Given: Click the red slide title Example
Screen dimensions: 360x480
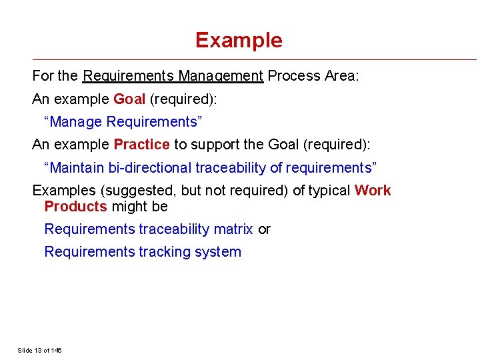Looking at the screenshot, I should [x=239, y=40].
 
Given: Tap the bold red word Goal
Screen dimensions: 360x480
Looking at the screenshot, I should [x=129, y=99].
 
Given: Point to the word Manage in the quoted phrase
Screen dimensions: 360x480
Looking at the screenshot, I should [x=75, y=122].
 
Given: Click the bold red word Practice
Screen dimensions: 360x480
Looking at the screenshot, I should [x=141, y=145].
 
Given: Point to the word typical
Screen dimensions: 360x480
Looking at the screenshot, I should [x=328, y=191].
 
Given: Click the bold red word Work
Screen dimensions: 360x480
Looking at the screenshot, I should [x=373, y=191].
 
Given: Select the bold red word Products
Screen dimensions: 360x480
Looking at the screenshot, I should [x=75, y=207].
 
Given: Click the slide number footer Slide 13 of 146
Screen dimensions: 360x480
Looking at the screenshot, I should [x=39, y=350].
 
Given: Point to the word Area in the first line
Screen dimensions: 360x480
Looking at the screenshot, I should [x=341, y=76].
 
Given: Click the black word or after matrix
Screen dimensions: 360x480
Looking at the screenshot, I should [x=264, y=229].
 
